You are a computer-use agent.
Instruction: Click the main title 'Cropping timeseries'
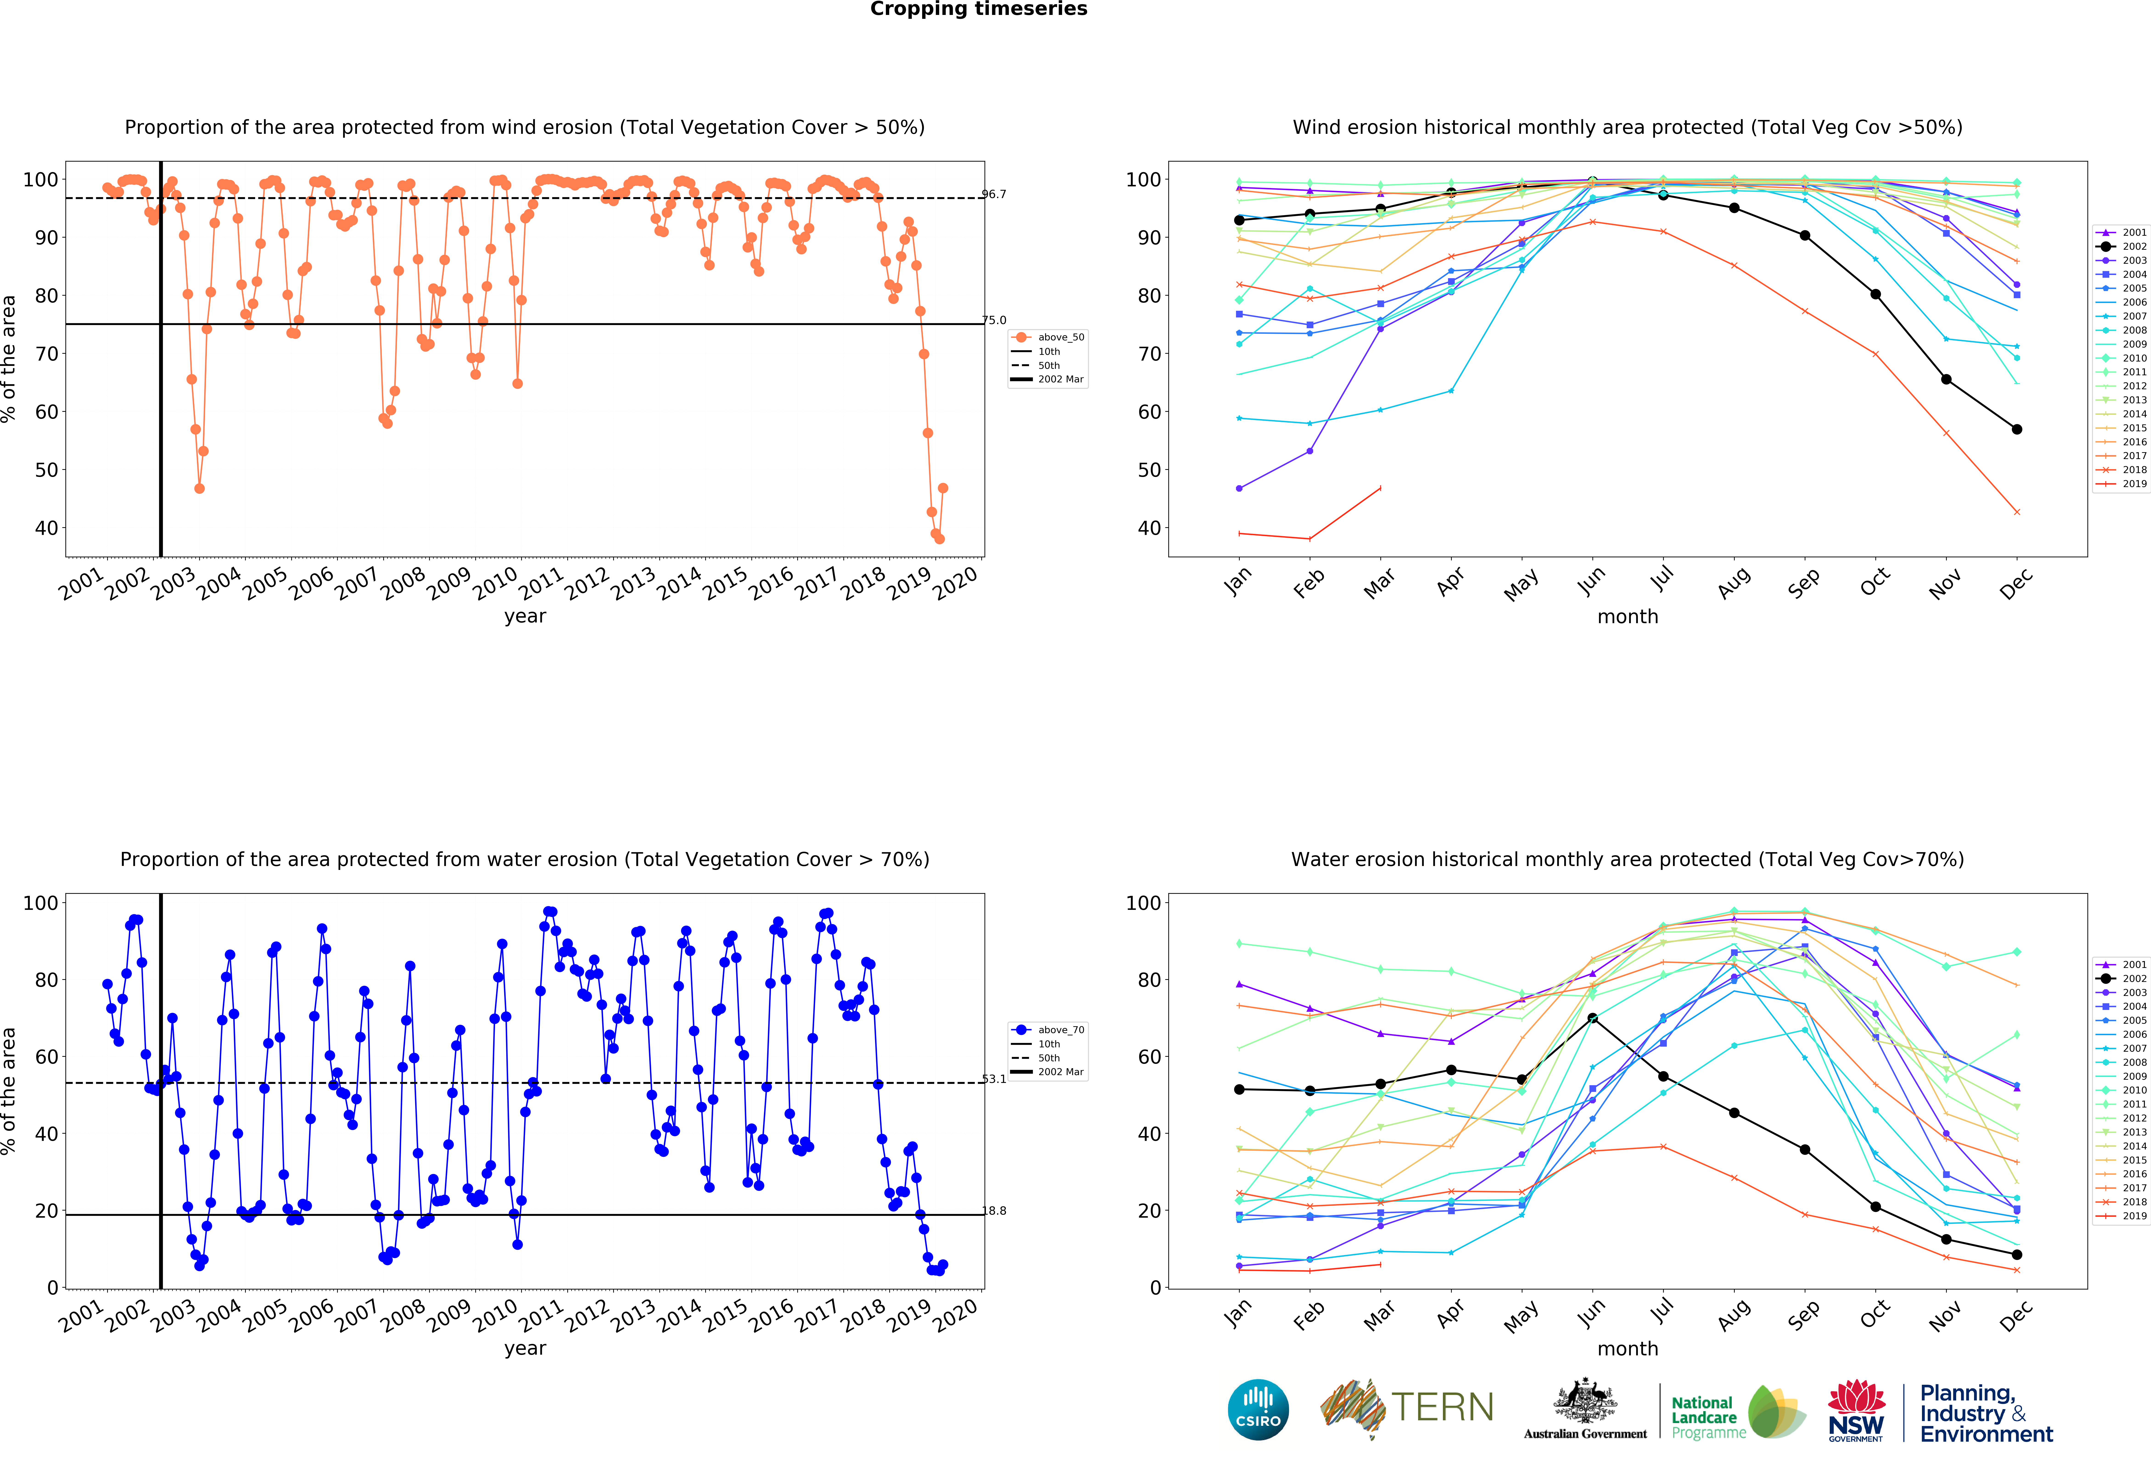pos(978,9)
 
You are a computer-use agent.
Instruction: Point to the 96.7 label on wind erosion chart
pos(994,194)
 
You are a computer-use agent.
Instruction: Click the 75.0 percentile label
pos(994,320)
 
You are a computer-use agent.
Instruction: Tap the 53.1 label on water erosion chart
pos(994,1079)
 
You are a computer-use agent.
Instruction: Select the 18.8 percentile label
pos(994,1211)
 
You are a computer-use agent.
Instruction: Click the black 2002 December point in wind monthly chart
pos(2017,429)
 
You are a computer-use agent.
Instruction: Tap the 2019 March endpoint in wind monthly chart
pos(1380,488)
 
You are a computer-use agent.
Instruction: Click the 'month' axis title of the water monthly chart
pos(1627,1348)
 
